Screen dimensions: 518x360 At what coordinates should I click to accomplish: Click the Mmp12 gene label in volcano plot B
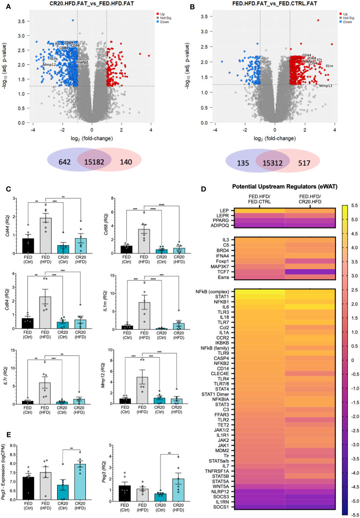326,86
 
